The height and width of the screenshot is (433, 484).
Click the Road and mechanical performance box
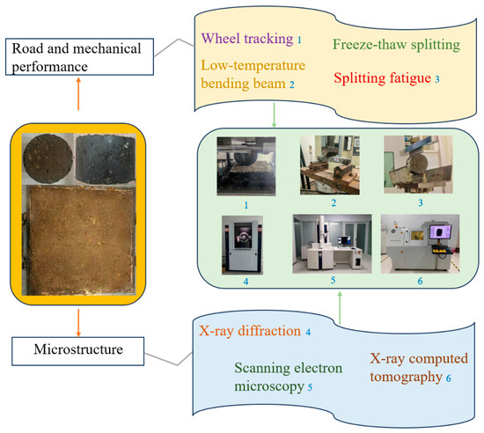[79, 57]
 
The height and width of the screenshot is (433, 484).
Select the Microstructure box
[77, 351]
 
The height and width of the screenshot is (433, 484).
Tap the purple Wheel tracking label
[247, 39]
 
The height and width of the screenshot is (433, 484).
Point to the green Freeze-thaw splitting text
[396, 45]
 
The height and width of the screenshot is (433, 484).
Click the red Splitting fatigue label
[382, 77]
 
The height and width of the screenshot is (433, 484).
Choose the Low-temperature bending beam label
[253, 75]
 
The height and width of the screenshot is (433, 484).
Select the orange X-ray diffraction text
[250, 331]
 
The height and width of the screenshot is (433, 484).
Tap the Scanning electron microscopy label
[289, 377]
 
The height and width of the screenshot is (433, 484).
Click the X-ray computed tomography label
[419, 368]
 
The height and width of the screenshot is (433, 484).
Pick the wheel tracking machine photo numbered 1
[246, 166]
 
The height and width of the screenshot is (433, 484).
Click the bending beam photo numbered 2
[330, 165]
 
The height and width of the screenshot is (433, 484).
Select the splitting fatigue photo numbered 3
[418, 165]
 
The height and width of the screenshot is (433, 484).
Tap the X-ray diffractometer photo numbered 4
[242, 245]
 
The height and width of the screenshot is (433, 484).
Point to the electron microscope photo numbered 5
[332, 244]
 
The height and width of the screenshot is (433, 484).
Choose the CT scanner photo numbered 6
[420, 244]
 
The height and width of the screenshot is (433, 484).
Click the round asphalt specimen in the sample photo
[48, 159]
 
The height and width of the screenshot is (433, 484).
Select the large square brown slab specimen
[80, 240]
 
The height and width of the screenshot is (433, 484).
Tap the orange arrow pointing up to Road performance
[78, 94]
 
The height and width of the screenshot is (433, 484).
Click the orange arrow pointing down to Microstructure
[78, 323]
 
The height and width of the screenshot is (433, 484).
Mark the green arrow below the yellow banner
[274, 115]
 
